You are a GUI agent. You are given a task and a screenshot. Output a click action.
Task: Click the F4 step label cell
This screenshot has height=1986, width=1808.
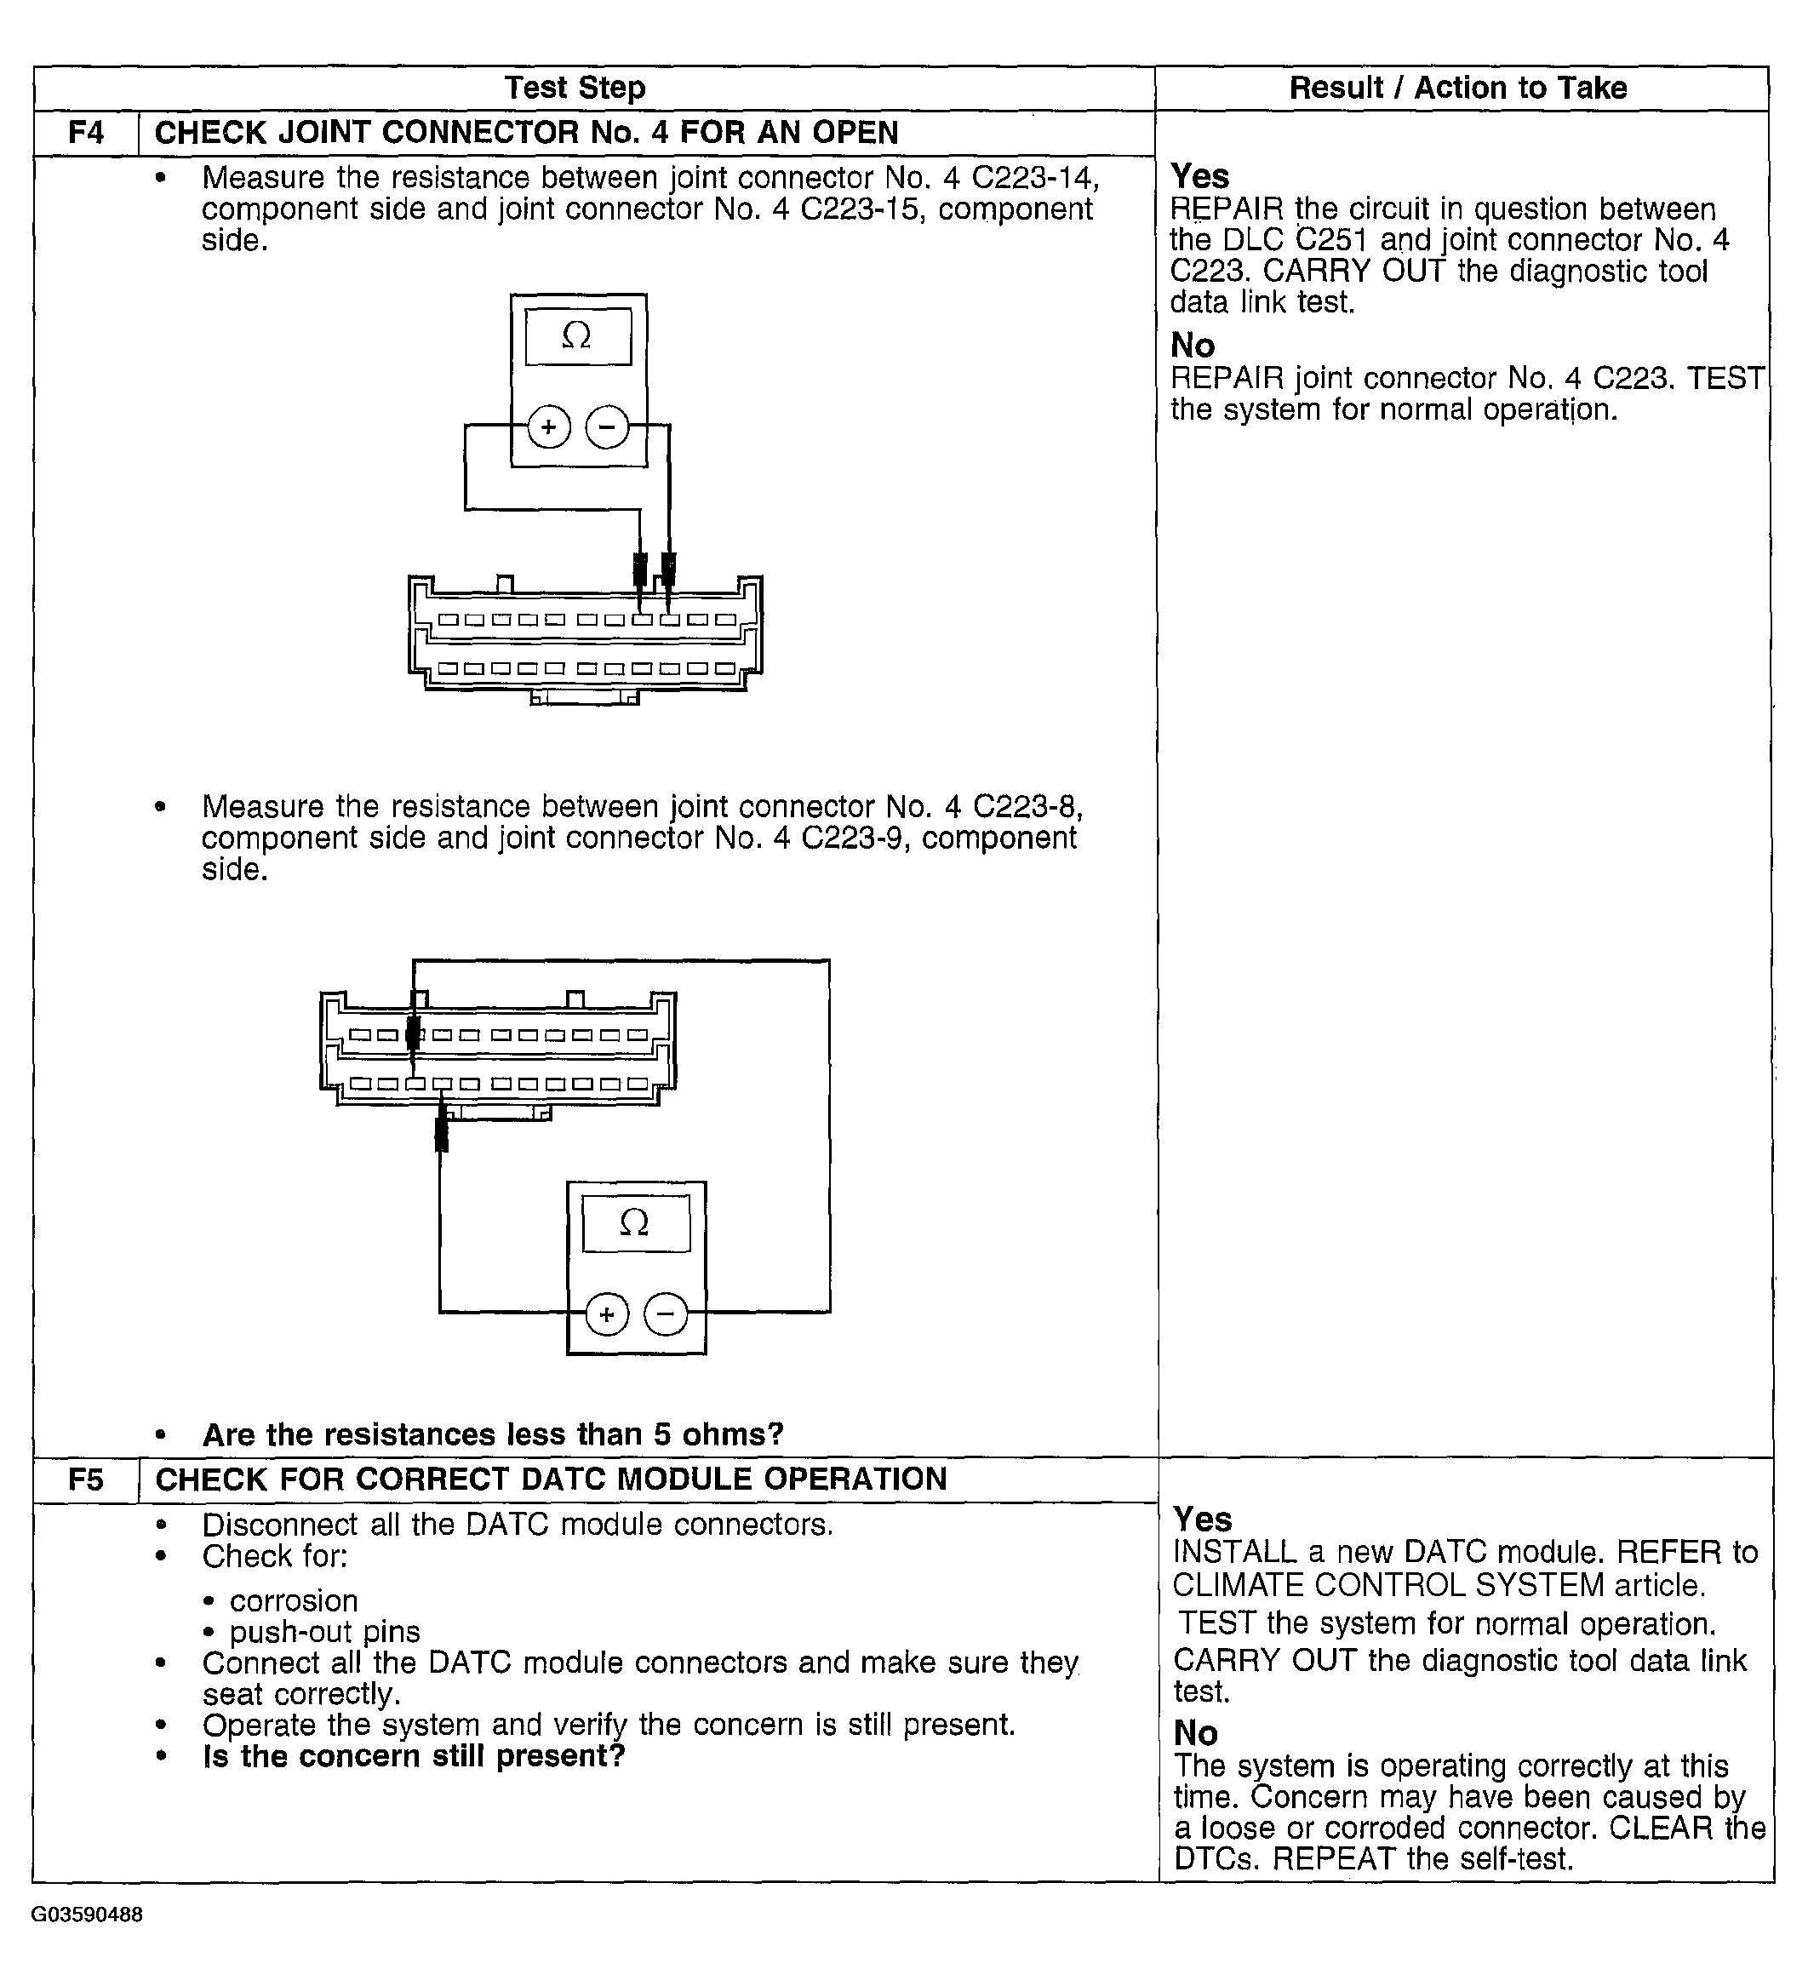tap(86, 132)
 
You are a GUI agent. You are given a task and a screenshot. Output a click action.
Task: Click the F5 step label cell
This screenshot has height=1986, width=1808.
tap(86, 1479)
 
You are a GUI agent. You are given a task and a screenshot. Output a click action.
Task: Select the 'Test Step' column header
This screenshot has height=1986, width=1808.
tap(575, 88)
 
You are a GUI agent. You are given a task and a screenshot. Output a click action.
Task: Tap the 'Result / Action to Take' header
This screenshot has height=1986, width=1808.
tap(1457, 88)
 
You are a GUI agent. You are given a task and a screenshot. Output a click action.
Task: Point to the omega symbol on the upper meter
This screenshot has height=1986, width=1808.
tap(576, 337)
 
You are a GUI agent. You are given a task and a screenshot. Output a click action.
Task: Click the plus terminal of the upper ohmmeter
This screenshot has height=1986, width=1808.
tap(549, 426)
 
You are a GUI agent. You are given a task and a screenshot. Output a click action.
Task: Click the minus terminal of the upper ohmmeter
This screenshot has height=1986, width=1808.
tap(607, 426)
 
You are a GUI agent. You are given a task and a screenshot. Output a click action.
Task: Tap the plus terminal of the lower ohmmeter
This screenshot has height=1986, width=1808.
tap(607, 1314)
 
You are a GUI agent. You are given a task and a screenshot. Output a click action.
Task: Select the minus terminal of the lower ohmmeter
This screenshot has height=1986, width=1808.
tap(666, 1314)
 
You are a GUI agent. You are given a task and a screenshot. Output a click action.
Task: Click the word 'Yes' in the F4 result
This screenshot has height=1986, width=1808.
tap(1199, 176)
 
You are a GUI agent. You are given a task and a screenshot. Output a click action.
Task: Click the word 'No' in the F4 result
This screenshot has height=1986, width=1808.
tap(1193, 345)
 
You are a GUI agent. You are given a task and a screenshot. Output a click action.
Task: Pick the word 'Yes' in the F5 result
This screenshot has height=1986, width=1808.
tap(1202, 1518)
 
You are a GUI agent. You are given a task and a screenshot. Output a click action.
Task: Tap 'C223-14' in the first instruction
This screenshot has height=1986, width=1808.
tap(1034, 177)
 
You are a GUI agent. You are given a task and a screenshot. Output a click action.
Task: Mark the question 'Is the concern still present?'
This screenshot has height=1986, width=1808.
tap(414, 1755)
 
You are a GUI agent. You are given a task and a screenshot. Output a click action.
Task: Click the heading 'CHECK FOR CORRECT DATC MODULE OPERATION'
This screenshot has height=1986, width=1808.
tap(551, 1479)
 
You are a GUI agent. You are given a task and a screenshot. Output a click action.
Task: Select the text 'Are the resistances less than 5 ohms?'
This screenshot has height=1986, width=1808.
tap(493, 1434)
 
